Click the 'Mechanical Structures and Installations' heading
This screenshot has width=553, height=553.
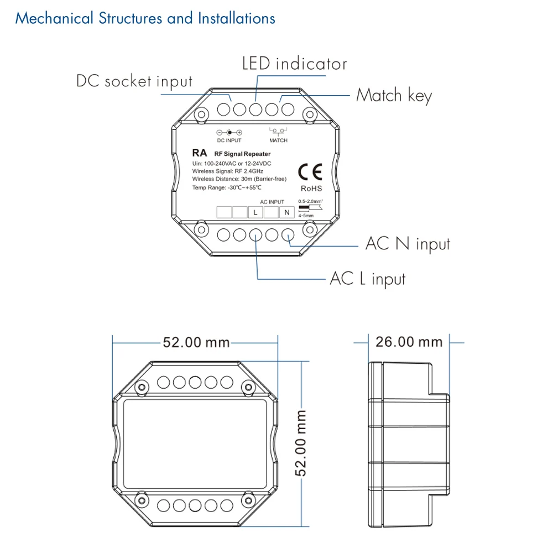click(145, 18)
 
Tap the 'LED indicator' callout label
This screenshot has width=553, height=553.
click(295, 64)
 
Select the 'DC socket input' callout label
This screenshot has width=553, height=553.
click(134, 81)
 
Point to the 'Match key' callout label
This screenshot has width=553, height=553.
click(394, 96)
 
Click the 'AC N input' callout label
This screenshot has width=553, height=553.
click(408, 244)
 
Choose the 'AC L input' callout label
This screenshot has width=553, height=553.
click(368, 279)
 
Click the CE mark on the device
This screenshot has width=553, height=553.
click(310, 172)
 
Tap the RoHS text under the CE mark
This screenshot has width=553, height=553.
click(311, 189)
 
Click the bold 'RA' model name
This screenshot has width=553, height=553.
click(199, 153)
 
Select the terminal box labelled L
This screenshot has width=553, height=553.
click(255, 212)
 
